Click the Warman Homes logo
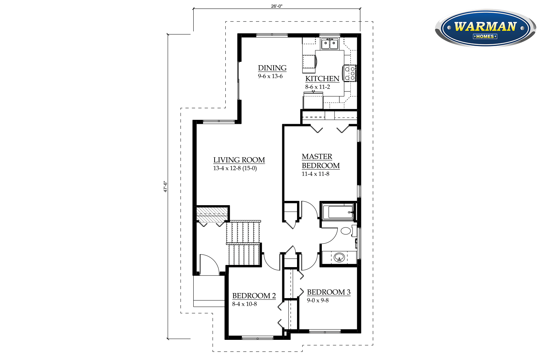485,28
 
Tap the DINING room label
272,68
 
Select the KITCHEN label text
322,78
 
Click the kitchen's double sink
330,44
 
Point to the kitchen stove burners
350,73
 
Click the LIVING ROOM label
239,160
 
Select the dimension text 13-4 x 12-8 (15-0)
235,168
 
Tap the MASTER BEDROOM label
320,161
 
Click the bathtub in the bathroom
338,212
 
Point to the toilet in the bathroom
346,230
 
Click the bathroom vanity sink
339,257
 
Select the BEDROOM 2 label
254,296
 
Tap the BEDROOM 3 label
328,292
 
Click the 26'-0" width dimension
276,6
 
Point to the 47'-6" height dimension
166,186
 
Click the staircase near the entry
243,243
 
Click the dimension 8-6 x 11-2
318,87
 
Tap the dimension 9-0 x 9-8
318,300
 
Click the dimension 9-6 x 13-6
270,76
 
